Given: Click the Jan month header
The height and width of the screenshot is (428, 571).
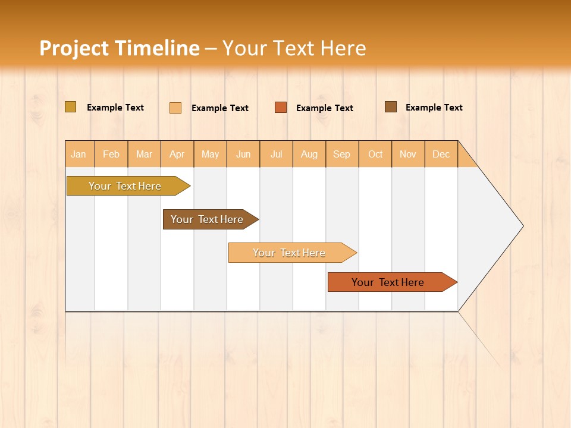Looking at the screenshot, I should (79, 154).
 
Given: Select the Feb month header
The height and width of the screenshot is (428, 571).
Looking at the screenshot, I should (111, 154).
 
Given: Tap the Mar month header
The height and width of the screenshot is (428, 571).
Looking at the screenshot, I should (144, 154).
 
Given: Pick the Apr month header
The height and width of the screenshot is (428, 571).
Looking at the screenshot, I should (177, 154).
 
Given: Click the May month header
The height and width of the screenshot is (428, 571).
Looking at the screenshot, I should (210, 154).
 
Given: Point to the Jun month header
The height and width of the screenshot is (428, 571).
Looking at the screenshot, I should (243, 154).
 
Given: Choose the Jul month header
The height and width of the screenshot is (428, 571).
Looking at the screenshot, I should (276, 154).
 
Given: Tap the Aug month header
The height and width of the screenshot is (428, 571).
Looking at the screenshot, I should (309, 154).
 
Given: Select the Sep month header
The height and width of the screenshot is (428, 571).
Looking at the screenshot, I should (342, 154).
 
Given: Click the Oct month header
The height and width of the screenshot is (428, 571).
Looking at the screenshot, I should (375, 154).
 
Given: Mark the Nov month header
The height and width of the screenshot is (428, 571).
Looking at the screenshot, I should (408, 154).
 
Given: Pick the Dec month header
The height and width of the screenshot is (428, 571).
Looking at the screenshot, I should (441, 154).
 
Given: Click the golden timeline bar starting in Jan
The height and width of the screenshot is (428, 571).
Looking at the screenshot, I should (125, 186).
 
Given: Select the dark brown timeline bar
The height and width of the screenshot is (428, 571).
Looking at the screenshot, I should (207, 219).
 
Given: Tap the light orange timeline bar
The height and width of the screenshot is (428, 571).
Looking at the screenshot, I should (289, 253).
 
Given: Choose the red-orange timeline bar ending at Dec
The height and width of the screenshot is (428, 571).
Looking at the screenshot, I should (388, 282).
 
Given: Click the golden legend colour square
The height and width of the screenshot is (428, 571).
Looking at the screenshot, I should (70, 107).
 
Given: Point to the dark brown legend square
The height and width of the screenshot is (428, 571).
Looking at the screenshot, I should (390, 107).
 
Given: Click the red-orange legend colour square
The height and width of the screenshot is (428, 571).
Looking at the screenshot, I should (281, 108).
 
